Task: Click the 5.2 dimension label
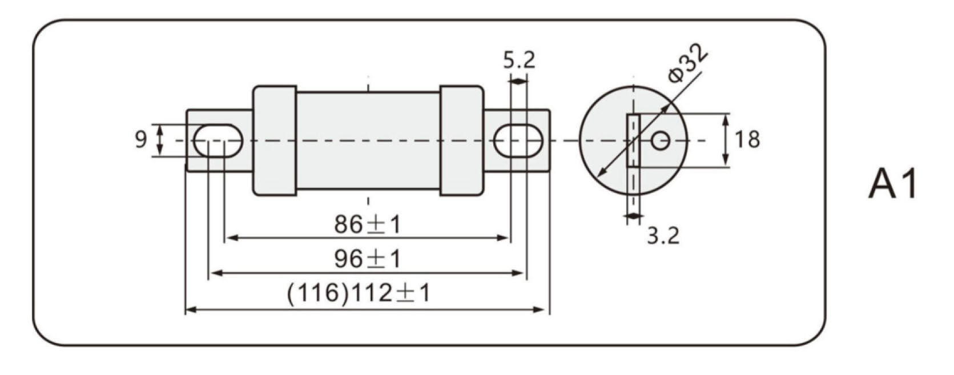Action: pyautogui.click(x=519, y=60)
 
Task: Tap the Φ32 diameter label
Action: pyautogui.click(x=688, y=64)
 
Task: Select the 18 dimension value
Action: pyautogui.click(x=747, y=139)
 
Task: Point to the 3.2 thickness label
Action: pyautogui.click(x=663, y=235)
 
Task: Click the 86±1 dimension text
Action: pyautogui.click(x=367, y=224)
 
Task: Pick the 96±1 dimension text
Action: pyautogui.click(x=367, y=259)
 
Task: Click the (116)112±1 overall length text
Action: pyautogui.click(x=359, y=293)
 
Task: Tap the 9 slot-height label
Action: pyautogui.click(x=141, y=139)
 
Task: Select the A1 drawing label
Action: pyautogui.click(x=893, y=184)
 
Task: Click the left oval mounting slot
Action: pyautogui.click(x=218, y=140)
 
